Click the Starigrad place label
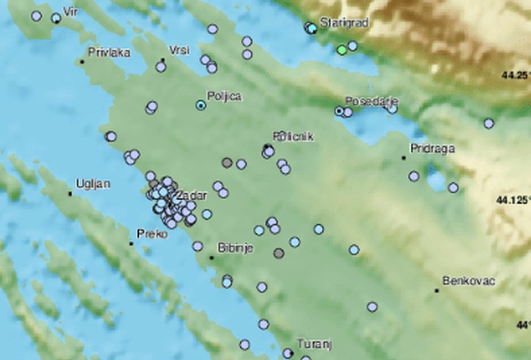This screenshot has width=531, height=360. tap(344, 23)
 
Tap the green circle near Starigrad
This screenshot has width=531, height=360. tap(341, 50)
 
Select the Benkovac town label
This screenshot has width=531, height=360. tap(469, 281)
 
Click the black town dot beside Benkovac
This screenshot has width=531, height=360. tap(437, 291)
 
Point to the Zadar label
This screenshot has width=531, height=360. tap(191, 195)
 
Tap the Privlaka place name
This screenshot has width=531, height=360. tap(109, 53)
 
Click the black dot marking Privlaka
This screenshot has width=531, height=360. tap(82, 62)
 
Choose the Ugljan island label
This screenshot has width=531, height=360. tap(93, 184)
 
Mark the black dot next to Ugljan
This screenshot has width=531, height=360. tap(70, 194)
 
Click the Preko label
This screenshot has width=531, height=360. tap(152, 234)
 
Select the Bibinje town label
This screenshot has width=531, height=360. tap(235, 248)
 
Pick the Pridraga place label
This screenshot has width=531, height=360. tap(432, 149)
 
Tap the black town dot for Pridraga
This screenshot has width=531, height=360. tap(404, 158)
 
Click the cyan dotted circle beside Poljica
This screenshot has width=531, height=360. tap(201, 105)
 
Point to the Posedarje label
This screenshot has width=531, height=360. tap(372, 101)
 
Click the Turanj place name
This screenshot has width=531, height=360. tap(314, 344)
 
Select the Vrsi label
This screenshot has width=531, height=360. tap(179, 50)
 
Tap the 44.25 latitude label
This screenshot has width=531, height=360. tap(516, 76)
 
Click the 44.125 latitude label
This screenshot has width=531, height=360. tap(513, 201)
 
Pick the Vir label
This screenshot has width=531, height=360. tap(70, 12)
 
